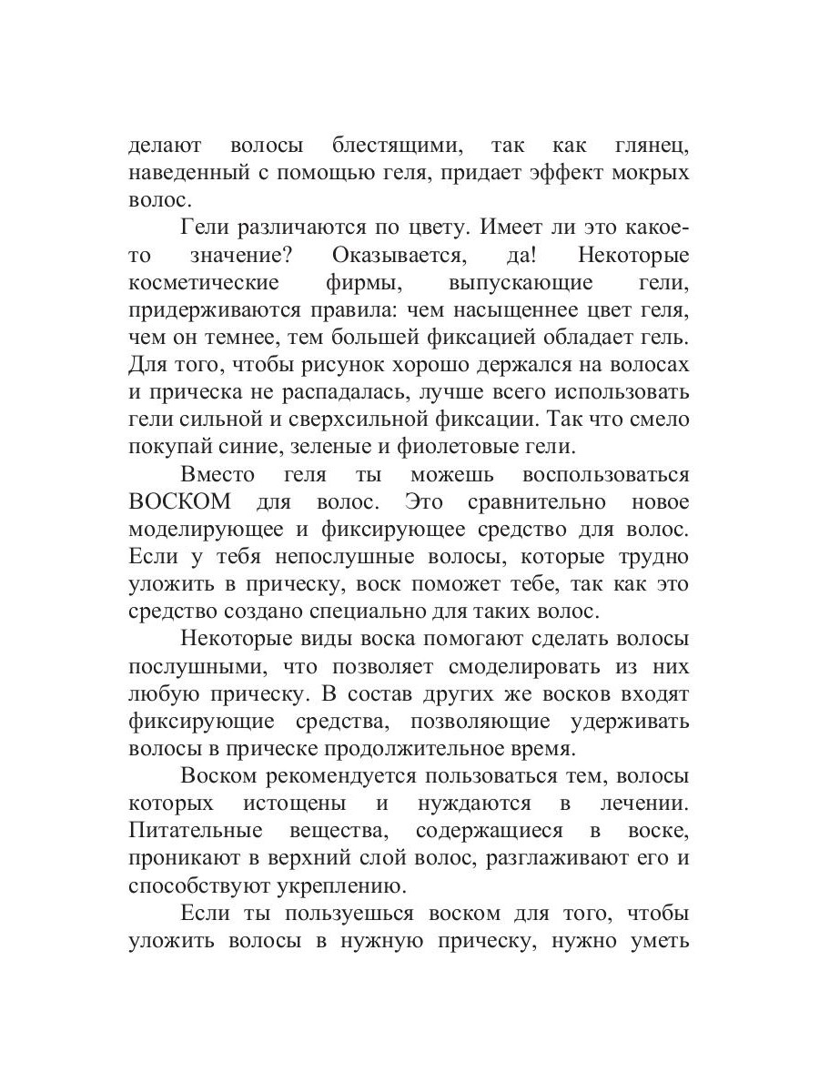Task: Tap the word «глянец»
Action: tap(648, 146)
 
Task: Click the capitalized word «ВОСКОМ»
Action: tap(181, 501)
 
